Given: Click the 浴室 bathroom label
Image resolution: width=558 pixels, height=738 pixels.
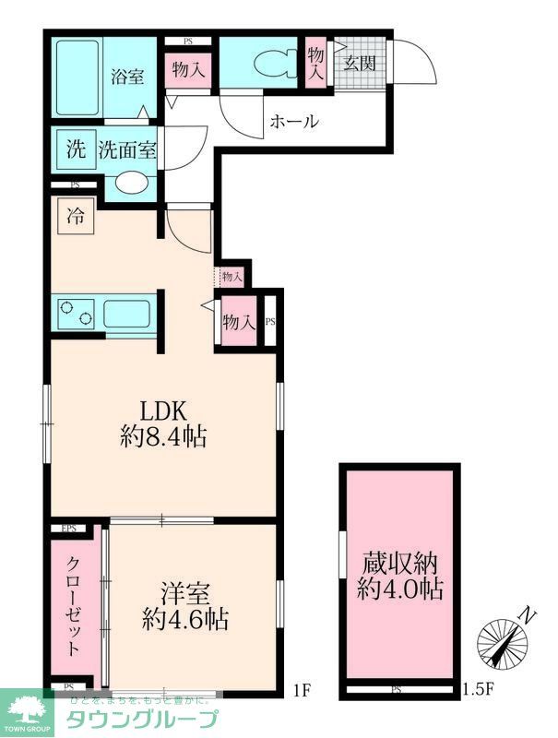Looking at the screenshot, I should click(128, 77).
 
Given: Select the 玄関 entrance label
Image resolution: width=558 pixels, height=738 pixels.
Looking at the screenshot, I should click(360, 64).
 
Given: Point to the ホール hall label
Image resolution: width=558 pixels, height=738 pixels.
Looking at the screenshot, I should click(294, 121).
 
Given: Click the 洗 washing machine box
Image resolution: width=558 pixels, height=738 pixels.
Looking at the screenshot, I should click(72, 148).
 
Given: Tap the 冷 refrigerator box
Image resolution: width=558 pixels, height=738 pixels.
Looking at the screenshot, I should click(74, 220).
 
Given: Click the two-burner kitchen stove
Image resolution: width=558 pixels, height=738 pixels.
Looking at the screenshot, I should click(74, 315).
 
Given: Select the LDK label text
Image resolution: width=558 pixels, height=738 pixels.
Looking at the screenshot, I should click(163, 409).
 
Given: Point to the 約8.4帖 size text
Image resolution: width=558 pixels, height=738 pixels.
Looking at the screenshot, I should click(163, 436).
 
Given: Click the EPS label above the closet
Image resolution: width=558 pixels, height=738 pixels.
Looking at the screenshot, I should click(68, 529).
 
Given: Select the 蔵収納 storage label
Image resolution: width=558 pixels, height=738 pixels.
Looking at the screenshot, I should click(398, 563).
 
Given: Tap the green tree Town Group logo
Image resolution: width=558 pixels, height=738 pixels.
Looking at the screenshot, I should click(27, 713).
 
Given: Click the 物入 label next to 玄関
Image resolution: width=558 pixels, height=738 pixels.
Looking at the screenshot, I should click(315, 65).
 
